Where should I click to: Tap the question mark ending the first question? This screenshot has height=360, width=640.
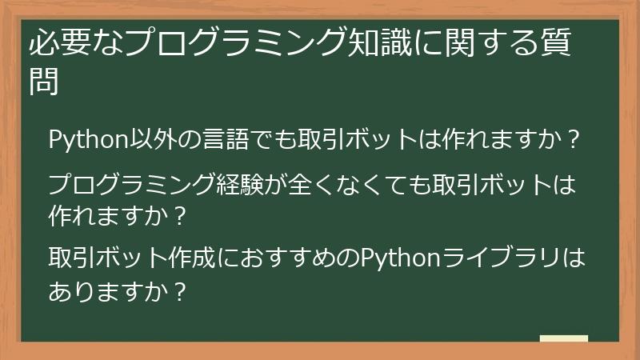click(572, 139)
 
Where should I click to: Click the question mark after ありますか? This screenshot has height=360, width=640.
click(181, 291)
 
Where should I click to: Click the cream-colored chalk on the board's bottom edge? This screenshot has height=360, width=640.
click(563, 339)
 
